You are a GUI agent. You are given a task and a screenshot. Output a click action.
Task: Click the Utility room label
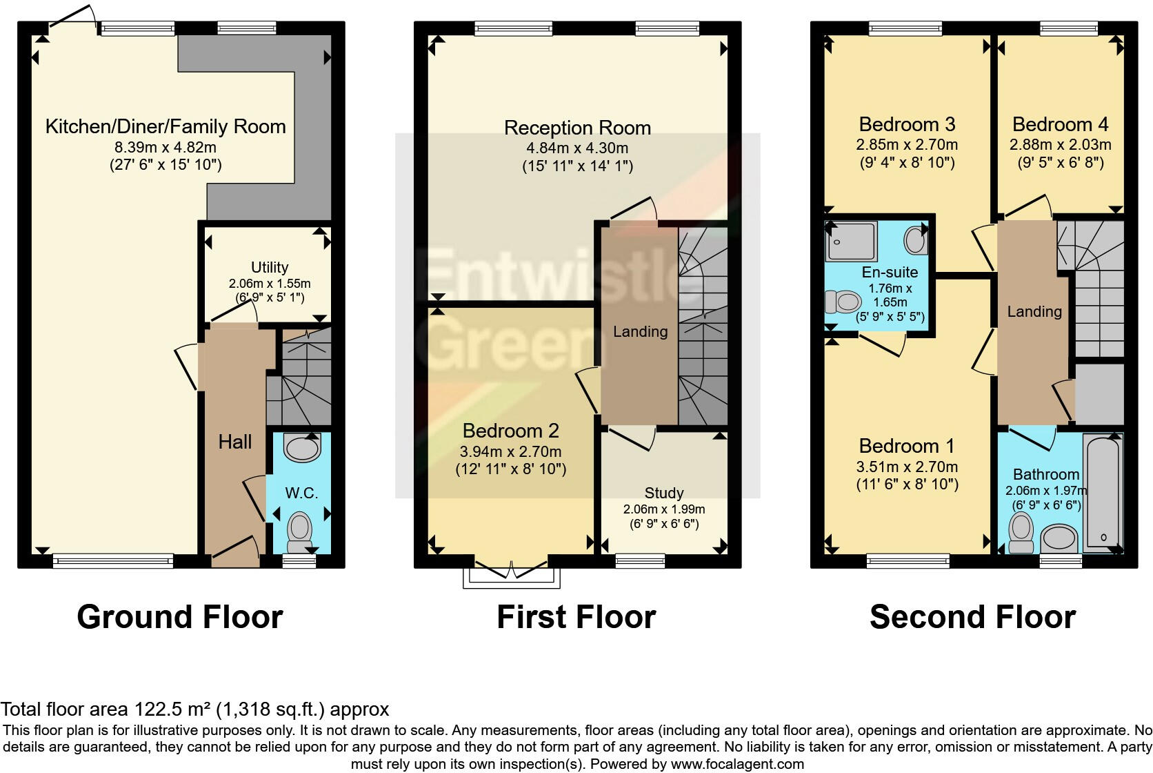(x=269, y=267)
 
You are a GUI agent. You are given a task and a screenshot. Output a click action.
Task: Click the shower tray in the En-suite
(x=852, y=241)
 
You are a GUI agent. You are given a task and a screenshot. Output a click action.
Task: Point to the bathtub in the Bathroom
(x=1103, y=493)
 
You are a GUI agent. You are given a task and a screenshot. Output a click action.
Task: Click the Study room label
(x=664, y=493)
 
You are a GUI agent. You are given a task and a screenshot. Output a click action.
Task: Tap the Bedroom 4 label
(x=1061, y=124)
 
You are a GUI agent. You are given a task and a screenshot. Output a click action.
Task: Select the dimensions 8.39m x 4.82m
(x=166, y=147)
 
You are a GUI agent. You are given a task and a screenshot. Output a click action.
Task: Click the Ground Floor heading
(x=180, y=616)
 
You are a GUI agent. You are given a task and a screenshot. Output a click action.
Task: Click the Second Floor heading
(x=972, y=616)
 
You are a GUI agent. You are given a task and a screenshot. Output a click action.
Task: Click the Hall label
(x=235, y=442)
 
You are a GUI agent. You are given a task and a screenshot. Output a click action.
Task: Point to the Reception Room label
(x=577, y=128)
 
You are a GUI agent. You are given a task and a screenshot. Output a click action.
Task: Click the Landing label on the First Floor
(x=640, y=331)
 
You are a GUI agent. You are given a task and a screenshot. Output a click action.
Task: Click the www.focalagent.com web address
(x=737, y=764)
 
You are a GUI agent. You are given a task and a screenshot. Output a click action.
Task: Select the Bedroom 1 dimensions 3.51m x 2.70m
(x=907, y=467)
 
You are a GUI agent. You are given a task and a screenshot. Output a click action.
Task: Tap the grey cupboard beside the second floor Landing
(x=1099, y=394)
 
